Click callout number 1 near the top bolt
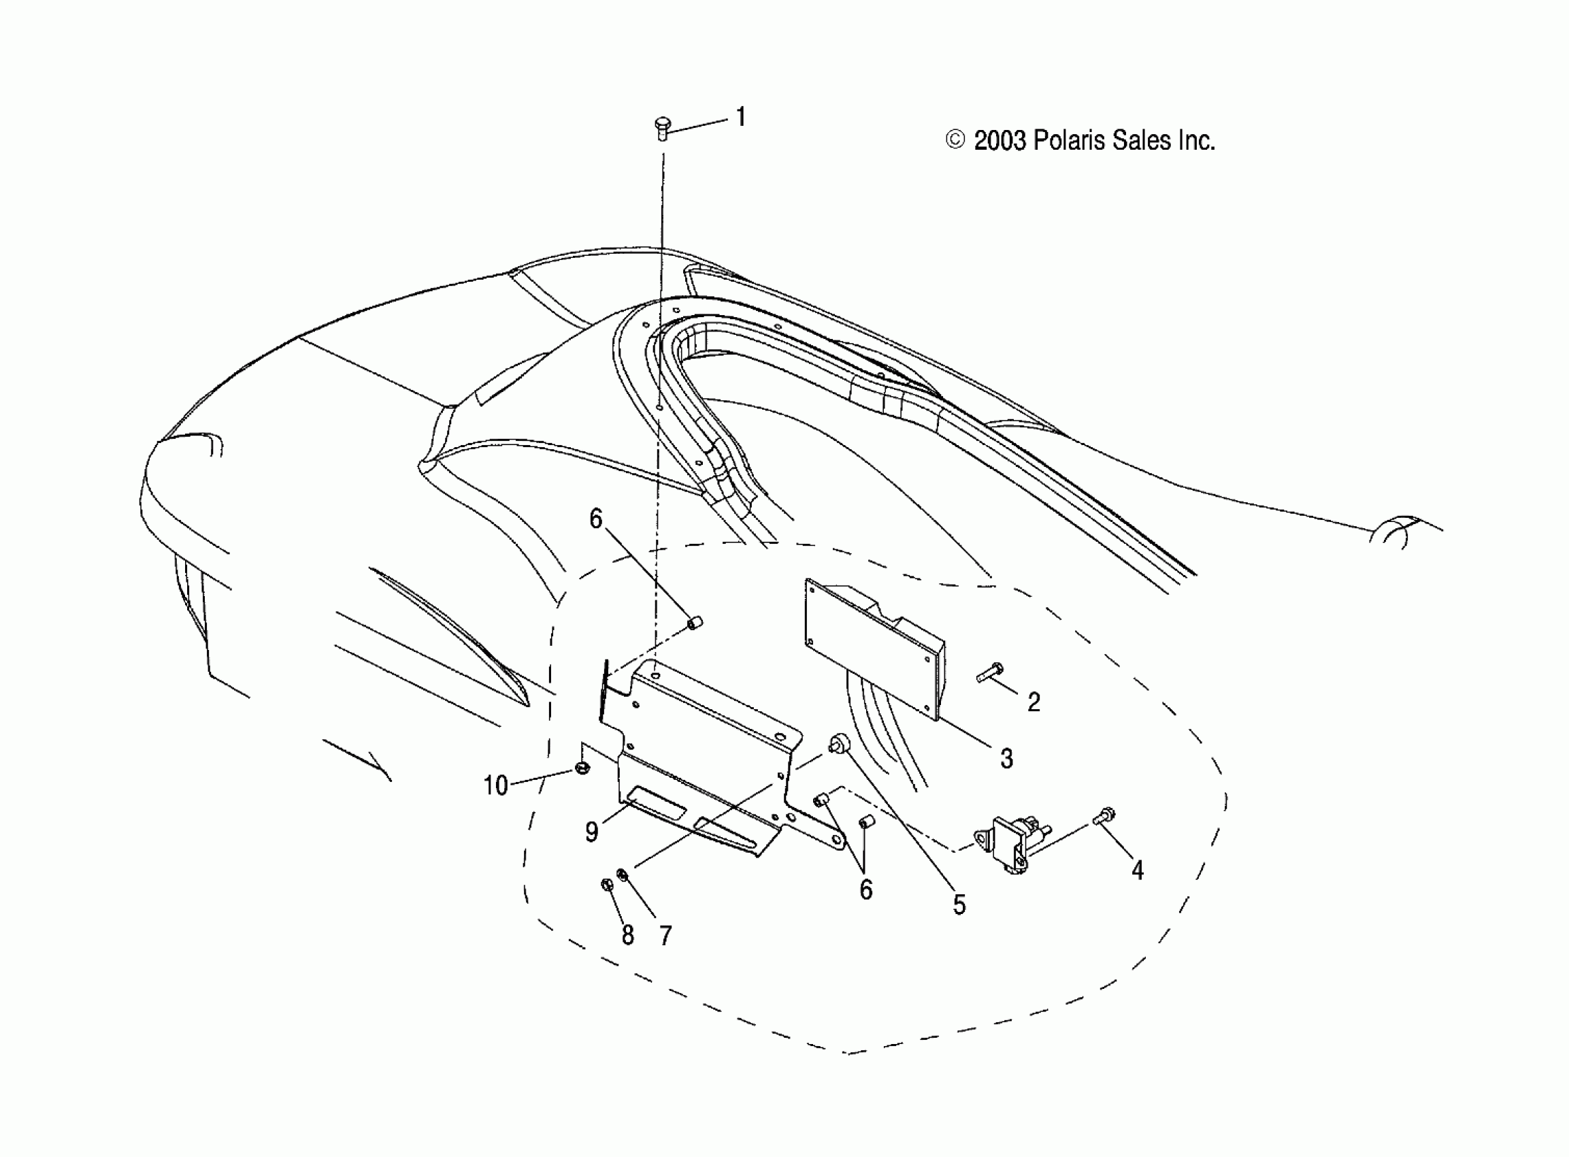(x=741, y=117)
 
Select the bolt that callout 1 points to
(x=661, y=127)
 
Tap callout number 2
(x=1034, y=702)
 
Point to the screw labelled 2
(x=989, y=673)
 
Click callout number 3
(x=1006, y=758)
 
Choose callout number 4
(x=1137, y=870)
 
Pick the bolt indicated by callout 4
(x=1104, y=817)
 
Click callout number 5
(x=959, y=905)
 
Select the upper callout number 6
(x=595, y=519)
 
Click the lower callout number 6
(x=866, y=890)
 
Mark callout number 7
(x=665, y=936)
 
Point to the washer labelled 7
(x=622, y=874)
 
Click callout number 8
(x=627, y=936)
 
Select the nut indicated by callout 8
(x=607, y=885)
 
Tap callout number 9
(x=592, y=832)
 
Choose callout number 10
(x=496, y=786)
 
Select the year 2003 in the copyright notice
(x=1000, y=141)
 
